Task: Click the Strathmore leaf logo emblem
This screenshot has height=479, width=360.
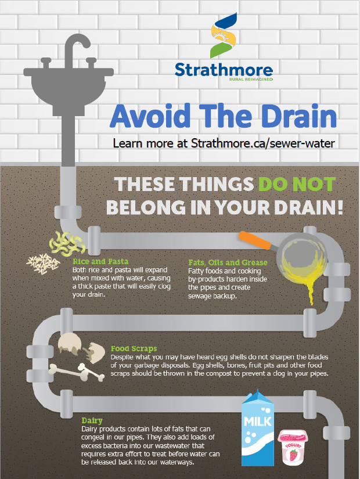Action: pos(224,35)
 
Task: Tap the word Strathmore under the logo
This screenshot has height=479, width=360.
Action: pos(224,70)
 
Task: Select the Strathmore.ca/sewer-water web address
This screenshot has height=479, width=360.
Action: pos(263,143)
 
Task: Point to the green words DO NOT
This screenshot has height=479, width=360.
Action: pos(297,184)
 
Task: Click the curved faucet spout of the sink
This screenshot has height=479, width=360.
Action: pos(77,46)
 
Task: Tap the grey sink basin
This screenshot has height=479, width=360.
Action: pos(69,89)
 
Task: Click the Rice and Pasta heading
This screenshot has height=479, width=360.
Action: pos(100,261)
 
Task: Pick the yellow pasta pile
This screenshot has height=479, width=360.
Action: pos(67,243)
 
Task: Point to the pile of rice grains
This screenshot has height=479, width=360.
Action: pos(43,264)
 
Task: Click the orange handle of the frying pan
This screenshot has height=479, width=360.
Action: pos(255,240)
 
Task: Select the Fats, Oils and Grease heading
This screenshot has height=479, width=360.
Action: pos(228,262)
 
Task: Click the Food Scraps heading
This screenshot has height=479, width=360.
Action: pos(134,348)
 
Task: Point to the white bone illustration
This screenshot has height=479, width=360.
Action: pos(77,372)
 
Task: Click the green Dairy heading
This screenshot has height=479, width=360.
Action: pos(92,421)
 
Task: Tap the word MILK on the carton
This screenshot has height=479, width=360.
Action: pos(258,422)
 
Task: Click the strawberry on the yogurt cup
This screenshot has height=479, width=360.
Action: pos(294,455)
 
